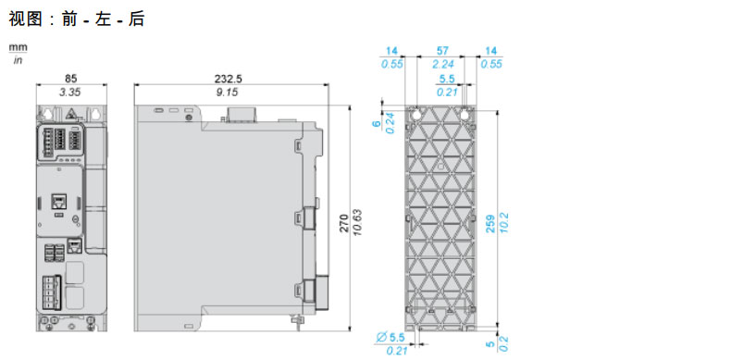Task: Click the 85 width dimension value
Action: click(71, 78)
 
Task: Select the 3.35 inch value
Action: click(70, 93)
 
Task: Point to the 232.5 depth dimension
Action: click(228, 78)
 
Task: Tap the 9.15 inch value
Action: click(227, 93)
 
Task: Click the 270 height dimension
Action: click(343, 224)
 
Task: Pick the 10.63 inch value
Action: click(358, 223)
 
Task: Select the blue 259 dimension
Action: click(491, 224)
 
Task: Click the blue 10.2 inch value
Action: click(505, 223)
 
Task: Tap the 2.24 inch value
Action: click(441, 64)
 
